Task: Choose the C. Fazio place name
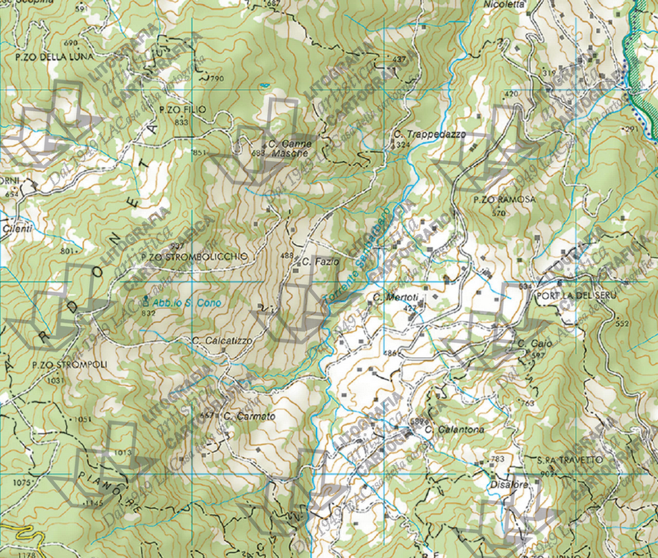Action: pos(321,262)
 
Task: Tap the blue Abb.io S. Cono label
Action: pos(177,302)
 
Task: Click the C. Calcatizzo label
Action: pos(223,340)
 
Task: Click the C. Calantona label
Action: pos(455,430)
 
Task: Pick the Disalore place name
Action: pos(510,485)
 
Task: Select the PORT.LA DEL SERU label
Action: pos(574,295)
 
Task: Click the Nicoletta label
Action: pos(506,3)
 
